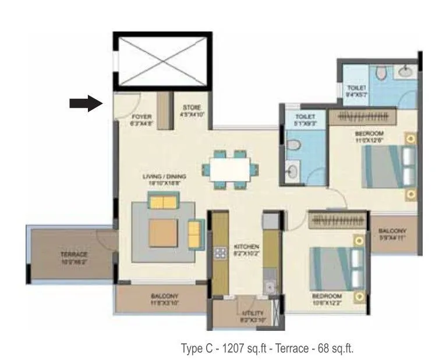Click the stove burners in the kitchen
pos(221,253)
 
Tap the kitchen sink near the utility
pos(270,286)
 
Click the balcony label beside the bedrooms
pos(394,234)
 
